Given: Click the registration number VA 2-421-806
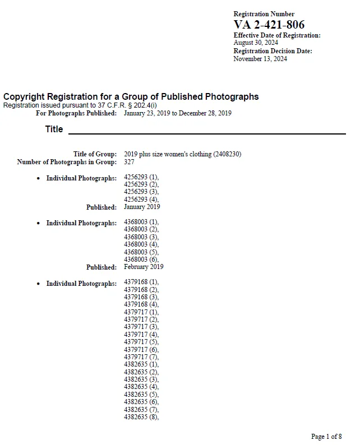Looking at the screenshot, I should [269, 24].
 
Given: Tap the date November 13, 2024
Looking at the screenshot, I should [260, 59].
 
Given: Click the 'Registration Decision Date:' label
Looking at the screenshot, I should [273, 51].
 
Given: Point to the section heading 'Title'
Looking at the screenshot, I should [54, 129].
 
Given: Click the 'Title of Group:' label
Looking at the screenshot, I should [95, 154].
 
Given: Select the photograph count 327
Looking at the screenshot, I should [130, 162].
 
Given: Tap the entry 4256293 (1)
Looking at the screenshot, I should [141, 178].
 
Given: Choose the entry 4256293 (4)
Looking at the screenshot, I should [141, 200].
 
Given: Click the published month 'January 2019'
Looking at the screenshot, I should [142, 207].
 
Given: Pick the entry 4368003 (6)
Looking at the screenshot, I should [141, 259].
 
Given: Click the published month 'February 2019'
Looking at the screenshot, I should [144, 267].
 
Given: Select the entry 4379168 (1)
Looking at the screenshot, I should [141, 282].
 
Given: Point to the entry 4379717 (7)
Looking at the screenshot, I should [141, 357].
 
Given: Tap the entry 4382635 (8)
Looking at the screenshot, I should [141, 417].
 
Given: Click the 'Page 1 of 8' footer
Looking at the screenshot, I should [326, 437].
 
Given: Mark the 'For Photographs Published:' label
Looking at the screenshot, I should [76, 113].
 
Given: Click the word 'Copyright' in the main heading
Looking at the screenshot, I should [26, 96].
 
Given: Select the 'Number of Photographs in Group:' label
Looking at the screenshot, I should [67, 162].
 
